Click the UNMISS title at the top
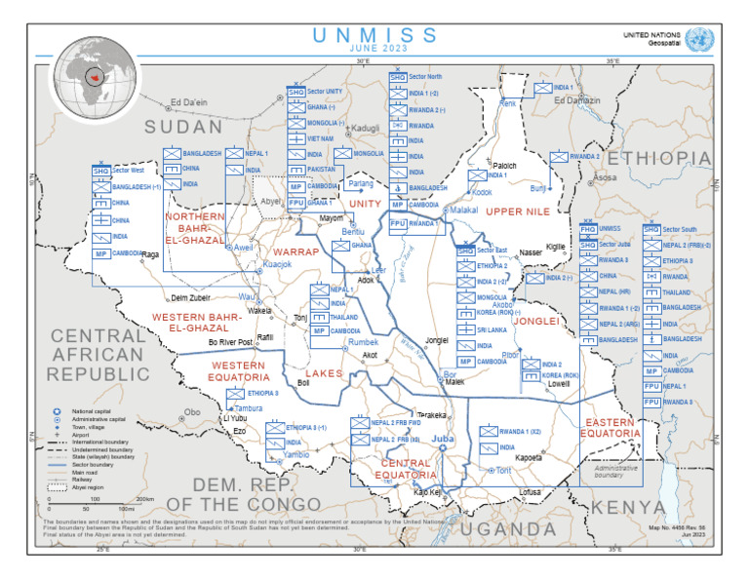pos(374,35)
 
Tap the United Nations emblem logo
pos(698,39)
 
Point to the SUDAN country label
pos(183,128)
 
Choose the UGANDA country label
pos(507,528)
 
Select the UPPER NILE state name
pos(518,211)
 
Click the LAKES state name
pos(324,372)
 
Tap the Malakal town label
pos(464,210)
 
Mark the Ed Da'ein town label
pos(189,102)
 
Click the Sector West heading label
pos(128,170)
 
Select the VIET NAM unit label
pos(320,139)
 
